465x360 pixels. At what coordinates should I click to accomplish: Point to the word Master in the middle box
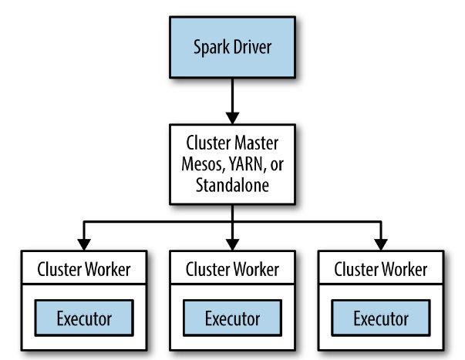pyautogui.click(x=258, y=144)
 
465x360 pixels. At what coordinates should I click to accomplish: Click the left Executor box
pyautogui.click(x=84, y=318)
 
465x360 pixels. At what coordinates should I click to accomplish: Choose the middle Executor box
pyautogui.click(x=232, y=318)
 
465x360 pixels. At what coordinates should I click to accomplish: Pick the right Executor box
pyautogui.click(x=381, y=318)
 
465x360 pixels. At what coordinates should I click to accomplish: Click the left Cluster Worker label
pyautogui.click(x=84, y=271)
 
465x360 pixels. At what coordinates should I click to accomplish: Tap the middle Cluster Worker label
pyautogui.click(x=232, y=271)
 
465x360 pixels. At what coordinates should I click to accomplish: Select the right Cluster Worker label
pyautogui.click(x=381, y=271)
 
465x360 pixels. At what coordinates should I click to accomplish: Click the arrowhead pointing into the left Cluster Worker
pyautogui.click(x=84, y=244)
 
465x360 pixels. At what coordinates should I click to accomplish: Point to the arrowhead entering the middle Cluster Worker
pyautogui.click(x=232, y=244)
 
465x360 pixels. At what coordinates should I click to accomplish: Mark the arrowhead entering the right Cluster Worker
pyautogui.click(x=381, y=244)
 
